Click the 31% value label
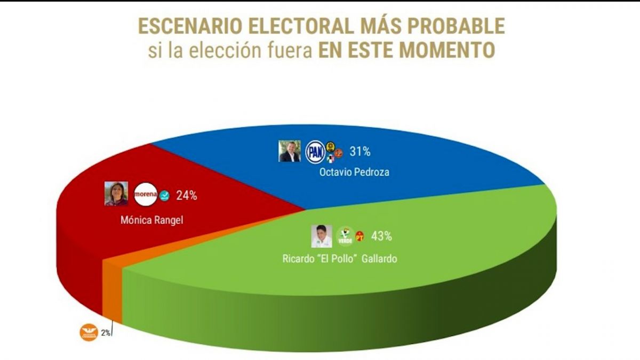point(360,152)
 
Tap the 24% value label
point(187,196)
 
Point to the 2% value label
point(106,333)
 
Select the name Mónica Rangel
point(152,219)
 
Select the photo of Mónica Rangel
point(116,194)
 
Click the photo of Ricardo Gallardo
point(322,236)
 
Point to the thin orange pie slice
point(113,288)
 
